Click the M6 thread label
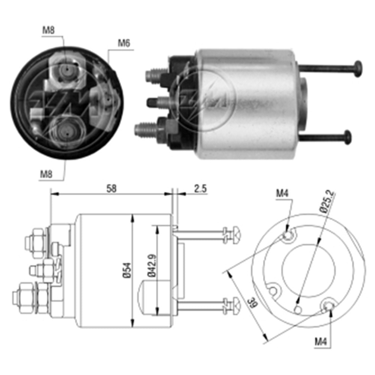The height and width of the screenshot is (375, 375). click(x=124, y=43)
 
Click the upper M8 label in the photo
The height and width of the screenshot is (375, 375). click(x=48, y=30)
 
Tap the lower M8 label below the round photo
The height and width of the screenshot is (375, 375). click(x=46, y=174)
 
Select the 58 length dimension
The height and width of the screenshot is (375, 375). click(x=111, y=189)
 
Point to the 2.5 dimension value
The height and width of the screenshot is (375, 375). click(x=201, y=189)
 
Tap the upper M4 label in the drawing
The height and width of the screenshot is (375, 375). click(x=282, y=194)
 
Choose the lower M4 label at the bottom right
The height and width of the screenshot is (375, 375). click(x=321, y=341)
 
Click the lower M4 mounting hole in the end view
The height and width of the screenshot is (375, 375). click(x=328, y=305)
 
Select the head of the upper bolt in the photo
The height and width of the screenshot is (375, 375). click(x=358, y=69)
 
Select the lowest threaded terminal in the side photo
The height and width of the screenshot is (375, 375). click(x=144, y=129)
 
